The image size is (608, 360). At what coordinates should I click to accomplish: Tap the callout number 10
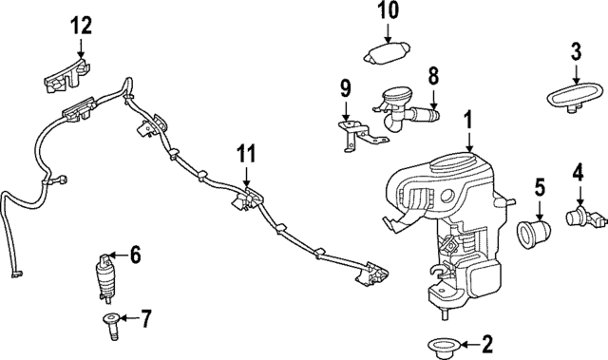tap(389, 12)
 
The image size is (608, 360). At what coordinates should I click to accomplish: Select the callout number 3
tap(576, 50)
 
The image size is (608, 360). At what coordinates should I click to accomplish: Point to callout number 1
tap(467, 121)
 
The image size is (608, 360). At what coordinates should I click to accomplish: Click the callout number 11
tap(247, 152)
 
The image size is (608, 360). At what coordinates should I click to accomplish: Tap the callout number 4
tap(578, 173)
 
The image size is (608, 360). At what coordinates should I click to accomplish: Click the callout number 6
tap(135, 254)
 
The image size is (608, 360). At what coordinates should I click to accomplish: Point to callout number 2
tap(488, 343)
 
